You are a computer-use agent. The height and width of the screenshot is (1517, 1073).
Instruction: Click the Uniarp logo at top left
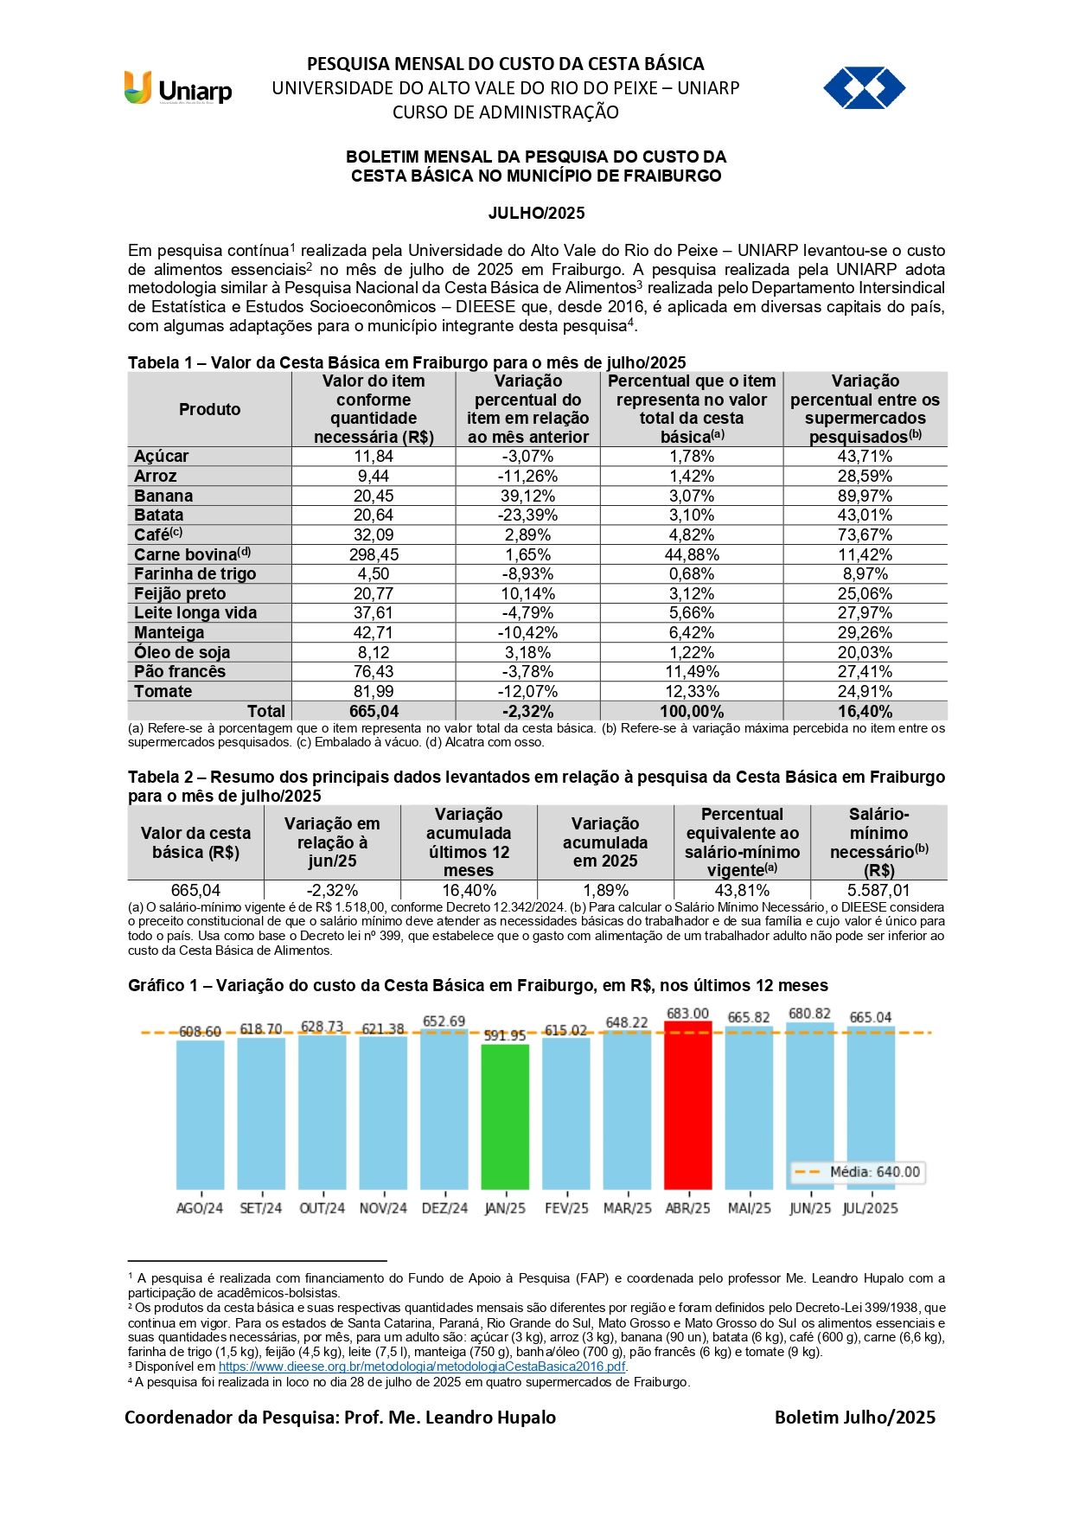(x=178, y=88)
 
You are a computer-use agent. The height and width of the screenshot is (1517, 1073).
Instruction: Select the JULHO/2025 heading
(x=536, y=213)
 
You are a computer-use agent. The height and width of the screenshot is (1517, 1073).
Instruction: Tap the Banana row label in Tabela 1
(x=163, y=496)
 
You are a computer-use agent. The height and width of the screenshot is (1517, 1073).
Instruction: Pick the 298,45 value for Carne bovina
(x=374, y=554)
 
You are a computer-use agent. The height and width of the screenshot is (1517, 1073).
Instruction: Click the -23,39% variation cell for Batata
(x=527, y=515)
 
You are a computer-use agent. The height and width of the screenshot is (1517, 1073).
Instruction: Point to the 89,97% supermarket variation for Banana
(x=865, y=496)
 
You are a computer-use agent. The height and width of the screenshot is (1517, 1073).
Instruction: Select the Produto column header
(x=209, y=409)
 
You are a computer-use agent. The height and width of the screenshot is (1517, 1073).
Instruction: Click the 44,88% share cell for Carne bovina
(x=692, y=554)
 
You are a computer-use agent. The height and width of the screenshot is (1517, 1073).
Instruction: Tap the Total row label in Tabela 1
(x=265, y=711)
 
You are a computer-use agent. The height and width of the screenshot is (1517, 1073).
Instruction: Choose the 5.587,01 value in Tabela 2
(x=878, y=890)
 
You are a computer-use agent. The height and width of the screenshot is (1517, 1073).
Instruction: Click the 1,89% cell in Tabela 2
(x=605, y=890)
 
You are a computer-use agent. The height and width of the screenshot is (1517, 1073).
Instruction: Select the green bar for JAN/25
(x=505, y=1116)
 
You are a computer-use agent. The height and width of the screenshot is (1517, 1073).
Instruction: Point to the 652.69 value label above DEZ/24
(x=444, y=1021)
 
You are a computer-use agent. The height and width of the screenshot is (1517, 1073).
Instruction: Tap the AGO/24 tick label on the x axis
(x=200, y=1208)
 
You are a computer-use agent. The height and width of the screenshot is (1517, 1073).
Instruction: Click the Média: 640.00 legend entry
(x=858, y=1172)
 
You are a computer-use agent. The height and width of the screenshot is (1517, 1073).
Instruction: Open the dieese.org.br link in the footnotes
(x=422, y=1367)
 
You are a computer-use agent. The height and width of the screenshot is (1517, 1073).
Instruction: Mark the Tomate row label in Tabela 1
(x=163, y=691)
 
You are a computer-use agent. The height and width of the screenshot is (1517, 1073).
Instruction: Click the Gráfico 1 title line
(x=477, y=985)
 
